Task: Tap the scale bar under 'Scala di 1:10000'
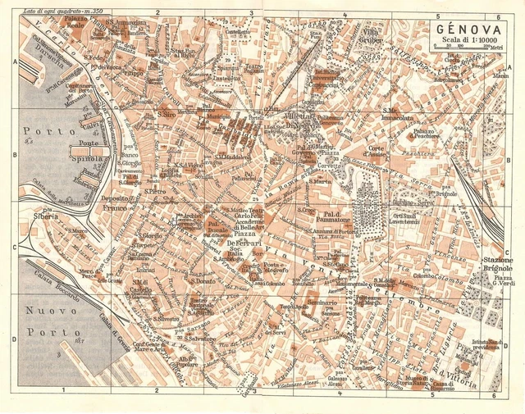(467, 48)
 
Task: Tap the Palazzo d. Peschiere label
(434, 135)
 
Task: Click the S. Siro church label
(167, 114)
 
